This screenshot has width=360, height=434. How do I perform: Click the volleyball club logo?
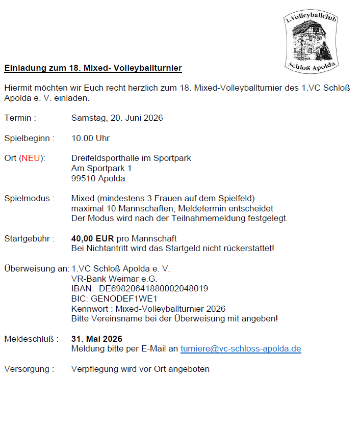[312, 41]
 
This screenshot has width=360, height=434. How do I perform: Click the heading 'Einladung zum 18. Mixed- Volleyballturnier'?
[93, 68]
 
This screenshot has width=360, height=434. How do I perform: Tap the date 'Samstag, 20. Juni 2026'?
[117, 118]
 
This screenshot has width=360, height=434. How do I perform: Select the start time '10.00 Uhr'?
[90, 138]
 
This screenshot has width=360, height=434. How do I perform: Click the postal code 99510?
[83, 178]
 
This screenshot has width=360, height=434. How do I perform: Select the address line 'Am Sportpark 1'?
[101, 168]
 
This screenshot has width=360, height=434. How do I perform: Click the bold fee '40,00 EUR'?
[92, 238]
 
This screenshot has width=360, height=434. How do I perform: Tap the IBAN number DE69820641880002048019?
[153, 288]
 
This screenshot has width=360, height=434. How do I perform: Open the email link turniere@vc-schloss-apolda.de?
[241, 349]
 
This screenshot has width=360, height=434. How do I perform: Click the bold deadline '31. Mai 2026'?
[96, 339]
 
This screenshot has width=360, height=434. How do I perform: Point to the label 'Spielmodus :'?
[29, 198]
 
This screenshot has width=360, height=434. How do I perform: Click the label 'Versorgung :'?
[29, 369]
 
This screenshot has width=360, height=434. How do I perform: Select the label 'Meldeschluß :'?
[31, 339]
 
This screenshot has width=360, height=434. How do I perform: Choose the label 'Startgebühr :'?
[29, 238]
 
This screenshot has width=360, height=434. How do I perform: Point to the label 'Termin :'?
[20, 118]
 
